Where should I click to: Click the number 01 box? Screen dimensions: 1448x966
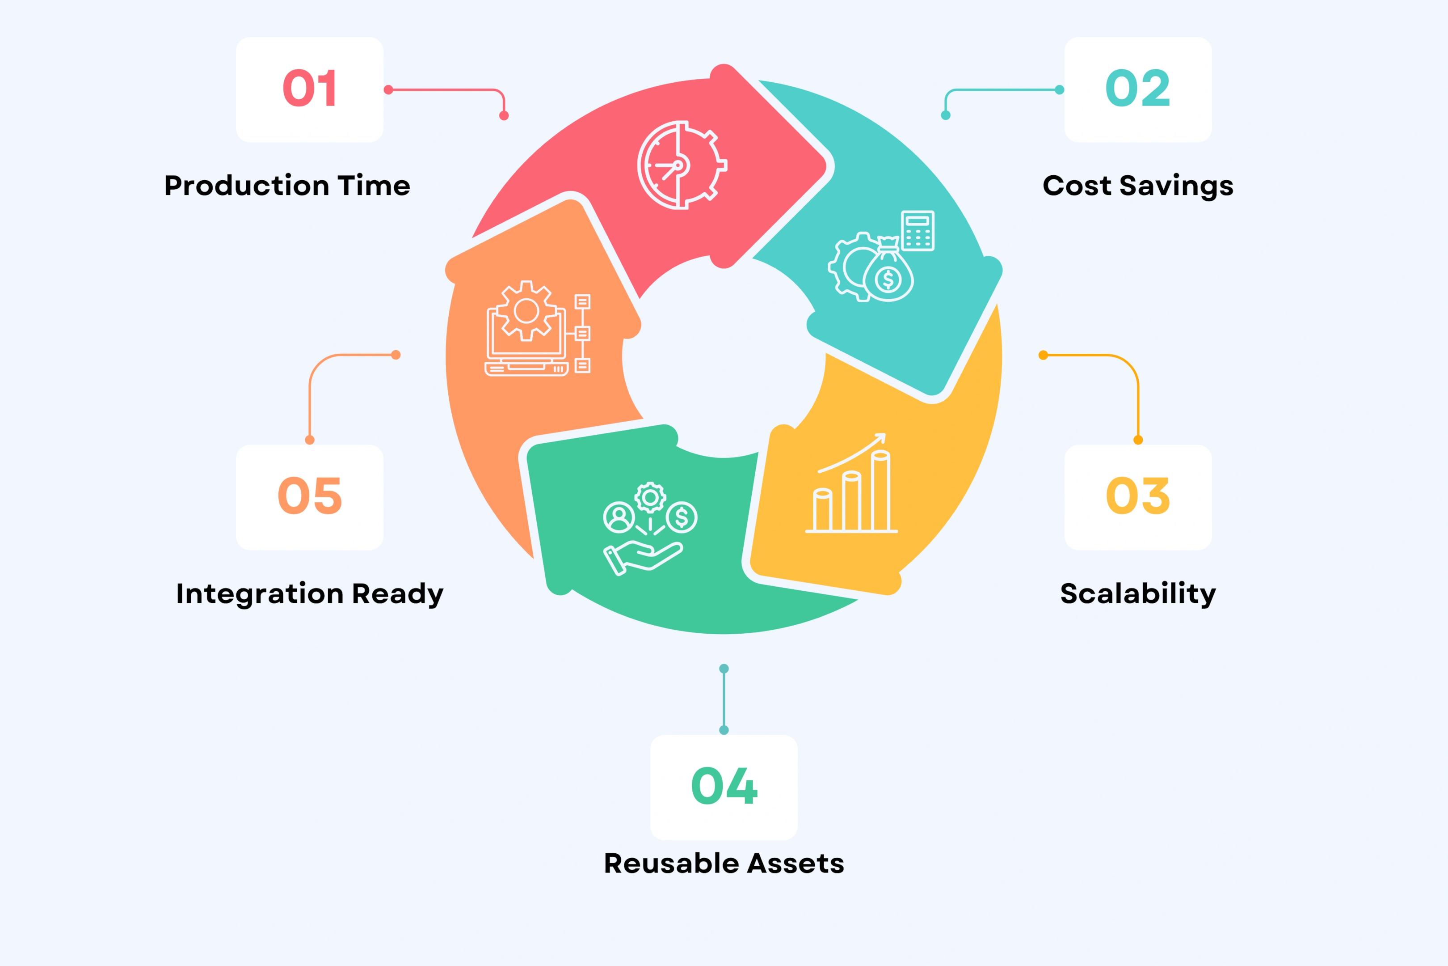click(x=310, y=89)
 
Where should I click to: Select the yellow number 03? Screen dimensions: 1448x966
click(x=1138, y=496)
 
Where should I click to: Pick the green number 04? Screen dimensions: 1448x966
click(x=724, y=786)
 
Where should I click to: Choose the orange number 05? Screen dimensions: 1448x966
click(x=310, y=496)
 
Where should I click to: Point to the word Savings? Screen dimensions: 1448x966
click(x=1176, y=186)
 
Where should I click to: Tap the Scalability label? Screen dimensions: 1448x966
click(x=1138, y=594)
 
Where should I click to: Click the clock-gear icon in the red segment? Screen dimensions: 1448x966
click(x=681, y=165)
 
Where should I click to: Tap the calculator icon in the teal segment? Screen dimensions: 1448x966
click(x=918, y=230)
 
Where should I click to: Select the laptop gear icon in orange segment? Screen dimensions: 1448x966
click(x=526, y=329)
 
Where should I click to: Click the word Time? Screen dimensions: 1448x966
click(x=374, y=186)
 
